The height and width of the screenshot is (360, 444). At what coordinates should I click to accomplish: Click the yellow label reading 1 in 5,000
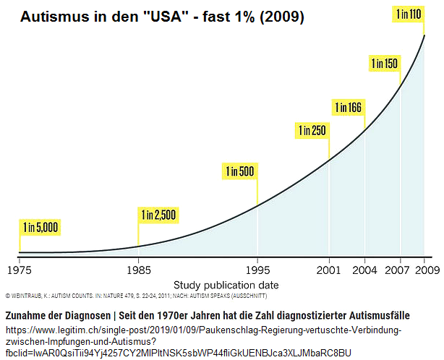(40, 227)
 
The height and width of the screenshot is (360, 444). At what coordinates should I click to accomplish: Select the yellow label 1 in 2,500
(158, 215)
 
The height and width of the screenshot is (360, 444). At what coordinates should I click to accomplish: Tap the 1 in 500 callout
(239, 171)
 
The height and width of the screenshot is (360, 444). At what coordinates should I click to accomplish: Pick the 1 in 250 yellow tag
(312, 131)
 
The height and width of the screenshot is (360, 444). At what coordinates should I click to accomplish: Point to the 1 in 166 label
(348, 108)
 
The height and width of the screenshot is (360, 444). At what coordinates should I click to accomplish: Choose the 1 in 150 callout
(384, 63)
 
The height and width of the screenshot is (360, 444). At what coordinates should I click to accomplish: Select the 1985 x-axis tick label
(138, 270)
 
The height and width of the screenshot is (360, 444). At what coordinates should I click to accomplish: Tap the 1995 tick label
(257, 270)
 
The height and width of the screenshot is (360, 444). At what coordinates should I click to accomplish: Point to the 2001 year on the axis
(329, 270)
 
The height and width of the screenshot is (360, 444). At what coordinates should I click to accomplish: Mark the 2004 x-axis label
(364, 270)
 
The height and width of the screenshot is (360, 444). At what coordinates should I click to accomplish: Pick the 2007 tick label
(400, 270)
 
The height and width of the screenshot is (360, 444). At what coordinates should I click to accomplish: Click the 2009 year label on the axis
(424, 270)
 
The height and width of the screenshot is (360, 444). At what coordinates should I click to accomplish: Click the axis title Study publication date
(226, 285)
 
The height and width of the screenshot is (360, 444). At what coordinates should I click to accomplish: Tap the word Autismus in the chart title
(53, 15)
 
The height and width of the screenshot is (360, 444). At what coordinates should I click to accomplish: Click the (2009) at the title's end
(283, 15)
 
